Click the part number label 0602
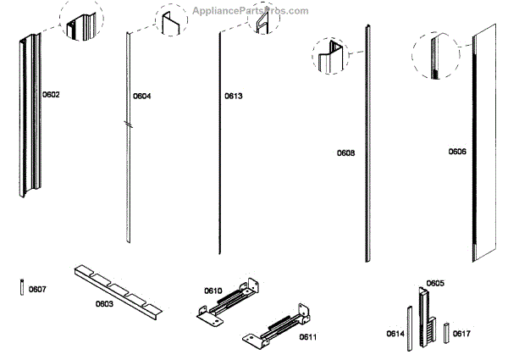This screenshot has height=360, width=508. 51,95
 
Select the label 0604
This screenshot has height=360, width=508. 142,97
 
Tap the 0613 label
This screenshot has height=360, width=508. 234,97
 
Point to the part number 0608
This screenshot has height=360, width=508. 345,152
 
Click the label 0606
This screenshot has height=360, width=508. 457,152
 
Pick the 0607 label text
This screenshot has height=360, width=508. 38,290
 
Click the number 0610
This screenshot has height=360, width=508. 213,291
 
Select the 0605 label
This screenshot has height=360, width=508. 435,283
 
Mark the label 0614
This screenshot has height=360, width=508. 395,333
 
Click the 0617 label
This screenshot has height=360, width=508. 461,333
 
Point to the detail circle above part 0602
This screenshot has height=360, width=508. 81,23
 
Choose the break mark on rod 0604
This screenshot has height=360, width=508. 126,124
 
